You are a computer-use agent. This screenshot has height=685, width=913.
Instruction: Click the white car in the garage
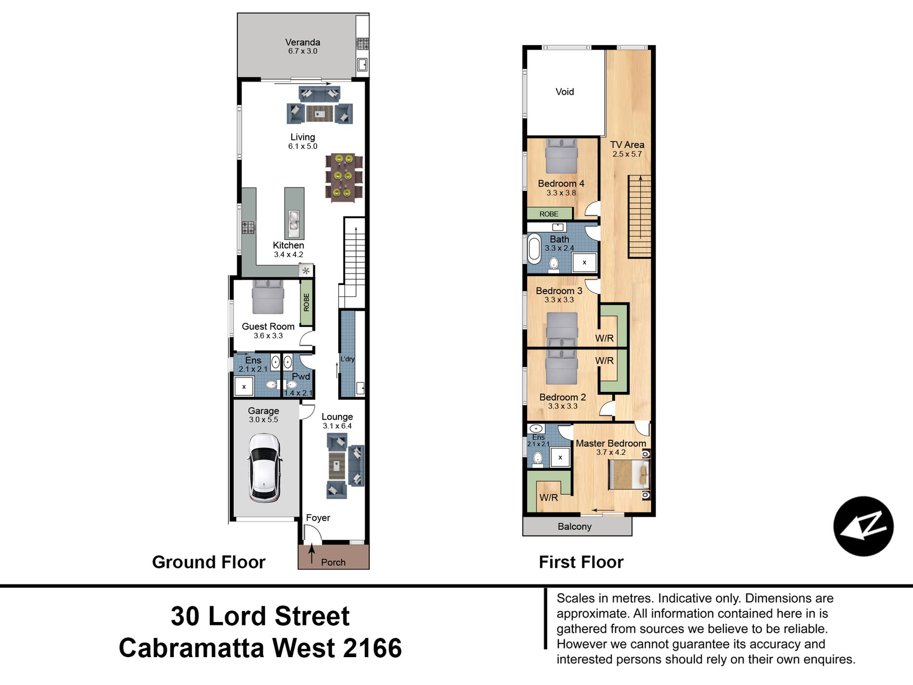(264, 468)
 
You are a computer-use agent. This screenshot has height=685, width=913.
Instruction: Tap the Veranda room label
(303, 42)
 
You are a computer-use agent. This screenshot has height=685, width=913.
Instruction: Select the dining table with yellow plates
(344, 177)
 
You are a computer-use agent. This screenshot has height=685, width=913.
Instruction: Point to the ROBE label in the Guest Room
(307, 302)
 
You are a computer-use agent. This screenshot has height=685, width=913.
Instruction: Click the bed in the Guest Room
(268, 297)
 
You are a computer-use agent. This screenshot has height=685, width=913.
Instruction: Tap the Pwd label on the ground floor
(301, 376)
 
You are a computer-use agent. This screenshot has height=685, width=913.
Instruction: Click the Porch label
(333, 562)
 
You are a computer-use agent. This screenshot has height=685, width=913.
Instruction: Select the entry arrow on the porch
(312, 553)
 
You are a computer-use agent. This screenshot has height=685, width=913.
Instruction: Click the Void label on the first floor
(565, 92)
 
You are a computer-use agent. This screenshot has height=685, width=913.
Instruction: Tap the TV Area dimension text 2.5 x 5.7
(627, 154)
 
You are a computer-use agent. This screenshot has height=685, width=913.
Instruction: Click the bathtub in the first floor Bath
(534, 249)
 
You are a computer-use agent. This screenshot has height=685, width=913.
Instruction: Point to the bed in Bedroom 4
(561, 156)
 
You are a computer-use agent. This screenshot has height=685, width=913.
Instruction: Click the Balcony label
(575, 526)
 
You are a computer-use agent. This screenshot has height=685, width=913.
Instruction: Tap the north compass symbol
(864, 526)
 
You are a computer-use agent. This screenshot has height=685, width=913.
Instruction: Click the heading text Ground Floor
(209, 562)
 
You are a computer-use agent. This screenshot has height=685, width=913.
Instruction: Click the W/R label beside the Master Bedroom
(549, 498)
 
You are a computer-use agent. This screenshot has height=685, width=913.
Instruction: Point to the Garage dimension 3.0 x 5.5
(263, 420)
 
